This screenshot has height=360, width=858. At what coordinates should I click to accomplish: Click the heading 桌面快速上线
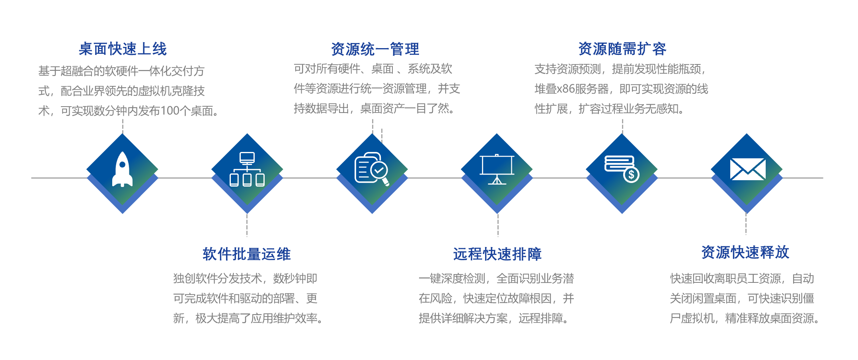[123, 49]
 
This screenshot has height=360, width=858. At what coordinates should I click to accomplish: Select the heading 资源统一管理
[375, 49]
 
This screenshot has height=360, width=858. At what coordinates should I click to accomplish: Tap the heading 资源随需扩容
[622, 49]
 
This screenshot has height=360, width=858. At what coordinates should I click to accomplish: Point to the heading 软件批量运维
[247, 254]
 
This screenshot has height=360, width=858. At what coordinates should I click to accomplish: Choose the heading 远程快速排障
[497, 254]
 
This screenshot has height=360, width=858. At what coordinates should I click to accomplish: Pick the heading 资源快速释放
[745, 252]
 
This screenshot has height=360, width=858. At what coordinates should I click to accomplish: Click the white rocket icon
[123, 169]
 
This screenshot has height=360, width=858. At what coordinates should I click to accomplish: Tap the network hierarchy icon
[247, 169]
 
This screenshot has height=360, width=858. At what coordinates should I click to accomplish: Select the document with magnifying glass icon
[372, 169]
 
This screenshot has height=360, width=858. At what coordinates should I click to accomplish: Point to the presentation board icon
[497, 169]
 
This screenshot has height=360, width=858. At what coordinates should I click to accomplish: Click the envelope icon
[748, 169]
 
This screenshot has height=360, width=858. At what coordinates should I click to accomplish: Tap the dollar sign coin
[631, 175]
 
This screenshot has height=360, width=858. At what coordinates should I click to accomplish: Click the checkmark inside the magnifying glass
[379, 170]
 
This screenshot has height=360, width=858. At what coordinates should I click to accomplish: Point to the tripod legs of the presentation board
[497, 180]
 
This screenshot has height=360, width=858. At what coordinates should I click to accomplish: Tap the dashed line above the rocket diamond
[123, 126]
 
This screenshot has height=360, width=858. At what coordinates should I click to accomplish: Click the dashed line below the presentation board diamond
[498, 225]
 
